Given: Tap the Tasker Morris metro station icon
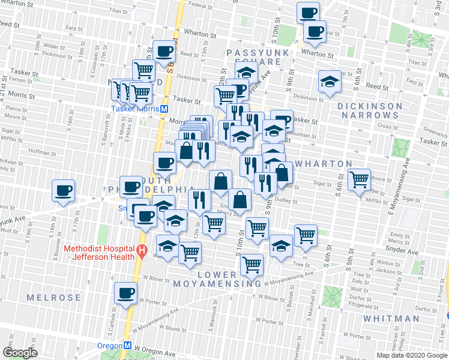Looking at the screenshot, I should point(163,109).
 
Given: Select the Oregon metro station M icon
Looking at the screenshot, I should point(127,346).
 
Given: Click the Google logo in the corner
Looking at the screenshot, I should point(20,353).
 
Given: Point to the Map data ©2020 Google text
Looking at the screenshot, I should point(412,355).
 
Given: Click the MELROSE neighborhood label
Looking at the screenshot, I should point(54,298).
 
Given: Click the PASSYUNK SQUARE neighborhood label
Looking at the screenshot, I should point(255,58).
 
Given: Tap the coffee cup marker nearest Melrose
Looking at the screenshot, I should point(125,293).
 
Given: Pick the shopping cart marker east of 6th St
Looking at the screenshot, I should point(359,179).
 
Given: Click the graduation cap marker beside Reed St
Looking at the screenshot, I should point(330,82).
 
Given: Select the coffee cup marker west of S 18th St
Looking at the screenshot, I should point(63,191).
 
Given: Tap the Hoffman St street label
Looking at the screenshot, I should point(39,152).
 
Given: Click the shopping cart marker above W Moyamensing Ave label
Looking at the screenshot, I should point(252,263).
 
